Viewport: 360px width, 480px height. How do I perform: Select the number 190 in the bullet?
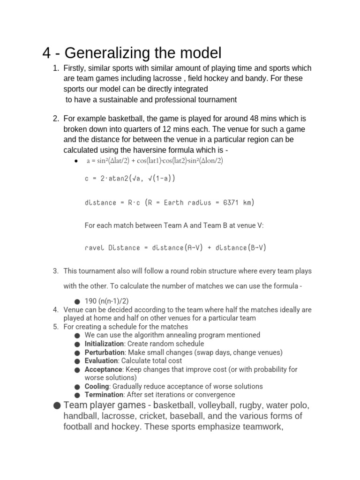coord(90,300)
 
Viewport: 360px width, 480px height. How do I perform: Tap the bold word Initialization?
coord(104,344)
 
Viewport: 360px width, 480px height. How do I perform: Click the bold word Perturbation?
coord(105,352)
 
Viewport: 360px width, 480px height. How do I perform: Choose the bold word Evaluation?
coord(101,360)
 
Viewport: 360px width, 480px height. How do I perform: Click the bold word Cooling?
coord(97,386)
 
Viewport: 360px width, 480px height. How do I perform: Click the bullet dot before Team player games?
coord(57,405)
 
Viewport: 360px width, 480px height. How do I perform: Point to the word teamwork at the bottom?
coord(262,427)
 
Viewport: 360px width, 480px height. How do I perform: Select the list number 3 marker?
coord(55,271)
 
